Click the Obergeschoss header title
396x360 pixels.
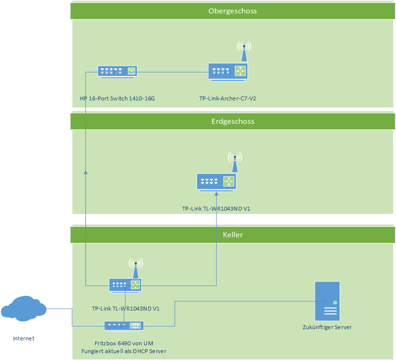pyautogui.click(x=232, y=11)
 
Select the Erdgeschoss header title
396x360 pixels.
pyautogui.click(x=232, y=121)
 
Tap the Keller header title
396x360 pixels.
pyautogui.click(x=232, y=235)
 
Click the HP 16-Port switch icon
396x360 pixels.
pyautogui.click(x=117, y=72)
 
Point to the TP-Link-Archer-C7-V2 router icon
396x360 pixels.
pyautogui.click(x=228, y=72)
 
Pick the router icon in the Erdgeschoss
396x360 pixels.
pyautogui.click(x=216, y=182)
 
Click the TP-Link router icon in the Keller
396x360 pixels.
pyautogui.click(x=125, y=285)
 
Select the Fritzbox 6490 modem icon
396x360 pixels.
pyautogui.click(x=124, y=326)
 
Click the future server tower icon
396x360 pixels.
pyautogui.click(x=327, y=301)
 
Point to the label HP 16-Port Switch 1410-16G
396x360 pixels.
pyautogui.click(x=117, y=98)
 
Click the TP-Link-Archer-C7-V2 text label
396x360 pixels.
pyautogui.click(x=227, y=98)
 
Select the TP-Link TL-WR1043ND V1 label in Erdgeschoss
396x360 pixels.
pyautogui.click(x=216, y=209)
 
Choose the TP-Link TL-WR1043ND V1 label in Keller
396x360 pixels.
pyautogui.click(x=125, y=309)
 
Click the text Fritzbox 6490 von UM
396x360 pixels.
pyautogui.click(x=124, y=343)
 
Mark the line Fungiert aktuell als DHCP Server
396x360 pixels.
pyautogui.click(x=124, y=351)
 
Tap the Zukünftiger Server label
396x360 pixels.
pyautogui.click(x=327, y=327)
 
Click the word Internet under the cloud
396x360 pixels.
pyautogui.click(x=24, y=338)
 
